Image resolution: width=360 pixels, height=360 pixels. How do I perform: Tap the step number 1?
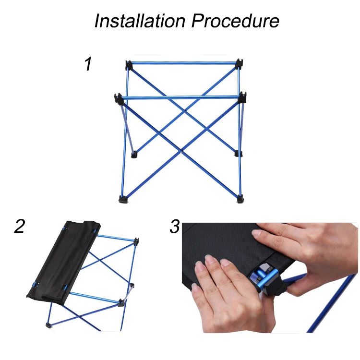(x=88, y=64)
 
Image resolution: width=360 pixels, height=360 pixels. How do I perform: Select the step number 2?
(x=19, y=226)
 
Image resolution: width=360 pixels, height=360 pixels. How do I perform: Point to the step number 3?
(x=175, y=226)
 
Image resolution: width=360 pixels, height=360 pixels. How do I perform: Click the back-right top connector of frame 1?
(x=239, y=63)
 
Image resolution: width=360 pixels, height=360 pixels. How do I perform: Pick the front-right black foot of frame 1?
(x=240, y=197)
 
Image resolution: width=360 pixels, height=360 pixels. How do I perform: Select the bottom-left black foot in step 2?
(x=48, y=325)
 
